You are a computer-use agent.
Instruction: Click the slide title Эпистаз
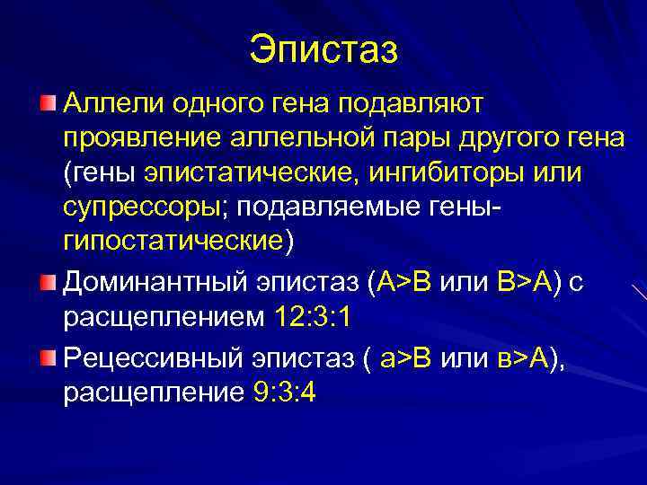coord(323,49)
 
